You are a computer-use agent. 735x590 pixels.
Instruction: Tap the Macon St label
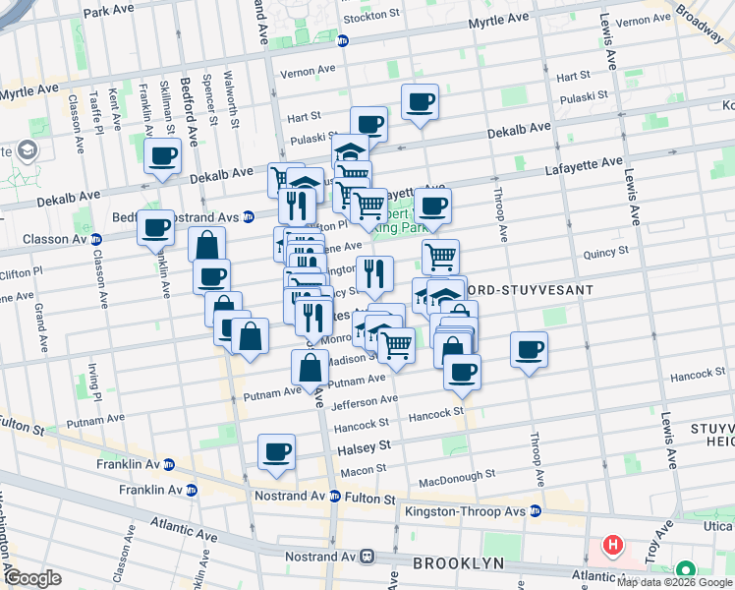(x=363, y=472)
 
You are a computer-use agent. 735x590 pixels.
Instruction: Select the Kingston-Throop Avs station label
(x=466, y=510)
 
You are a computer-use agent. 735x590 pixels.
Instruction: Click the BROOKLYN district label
(x=458, y=563)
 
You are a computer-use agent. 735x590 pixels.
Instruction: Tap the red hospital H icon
(x=613, y=545)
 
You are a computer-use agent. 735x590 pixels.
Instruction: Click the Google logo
(x=32, y=578)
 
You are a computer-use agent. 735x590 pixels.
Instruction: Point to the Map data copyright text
(x=674, y=582)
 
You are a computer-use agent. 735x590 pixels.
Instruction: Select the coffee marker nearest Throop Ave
(x=529, y=350)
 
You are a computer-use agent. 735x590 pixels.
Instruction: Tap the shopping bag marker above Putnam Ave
(x=310, y=369)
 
